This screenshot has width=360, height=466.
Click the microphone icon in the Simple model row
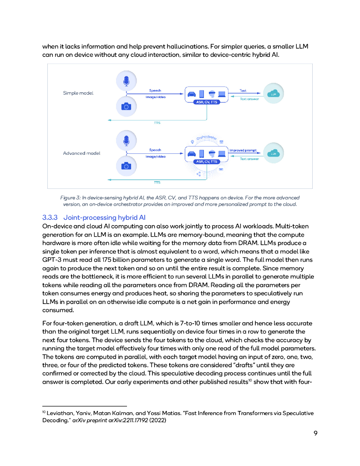[126, 81]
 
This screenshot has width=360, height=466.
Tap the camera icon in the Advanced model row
[126, 166]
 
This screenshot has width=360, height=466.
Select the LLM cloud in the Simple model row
[273, 94]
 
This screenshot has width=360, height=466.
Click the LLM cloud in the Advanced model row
[273, 153]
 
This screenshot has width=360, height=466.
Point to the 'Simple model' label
[78, 93]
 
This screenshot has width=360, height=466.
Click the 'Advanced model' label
[81, 153]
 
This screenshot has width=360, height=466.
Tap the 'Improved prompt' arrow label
[243, 150]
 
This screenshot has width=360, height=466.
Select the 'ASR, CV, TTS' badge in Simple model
[207, 102]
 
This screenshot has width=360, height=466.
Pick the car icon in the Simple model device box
[192, 94]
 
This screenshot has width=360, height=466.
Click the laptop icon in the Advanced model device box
[222, 154]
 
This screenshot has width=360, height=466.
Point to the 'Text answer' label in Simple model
[249, 99]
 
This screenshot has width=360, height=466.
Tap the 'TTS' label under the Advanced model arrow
[157, 182]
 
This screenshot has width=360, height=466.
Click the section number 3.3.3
[51, 218]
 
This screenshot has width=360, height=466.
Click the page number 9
[315, 433]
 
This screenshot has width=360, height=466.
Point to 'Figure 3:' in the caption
[71, 198]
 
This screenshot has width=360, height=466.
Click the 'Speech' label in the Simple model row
[155, 91]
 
